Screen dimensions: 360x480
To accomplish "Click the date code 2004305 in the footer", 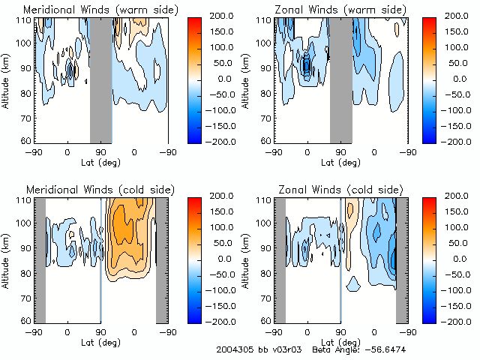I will [x=233, y=350].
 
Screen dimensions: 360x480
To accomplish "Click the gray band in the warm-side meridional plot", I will [x=101, y=79].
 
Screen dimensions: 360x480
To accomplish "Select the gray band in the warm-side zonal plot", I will [x=341, y=79].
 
